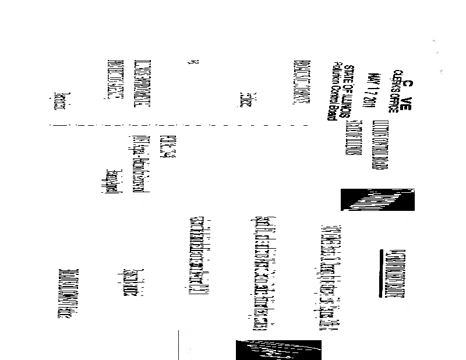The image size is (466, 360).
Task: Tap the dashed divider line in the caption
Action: pos(175,125)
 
